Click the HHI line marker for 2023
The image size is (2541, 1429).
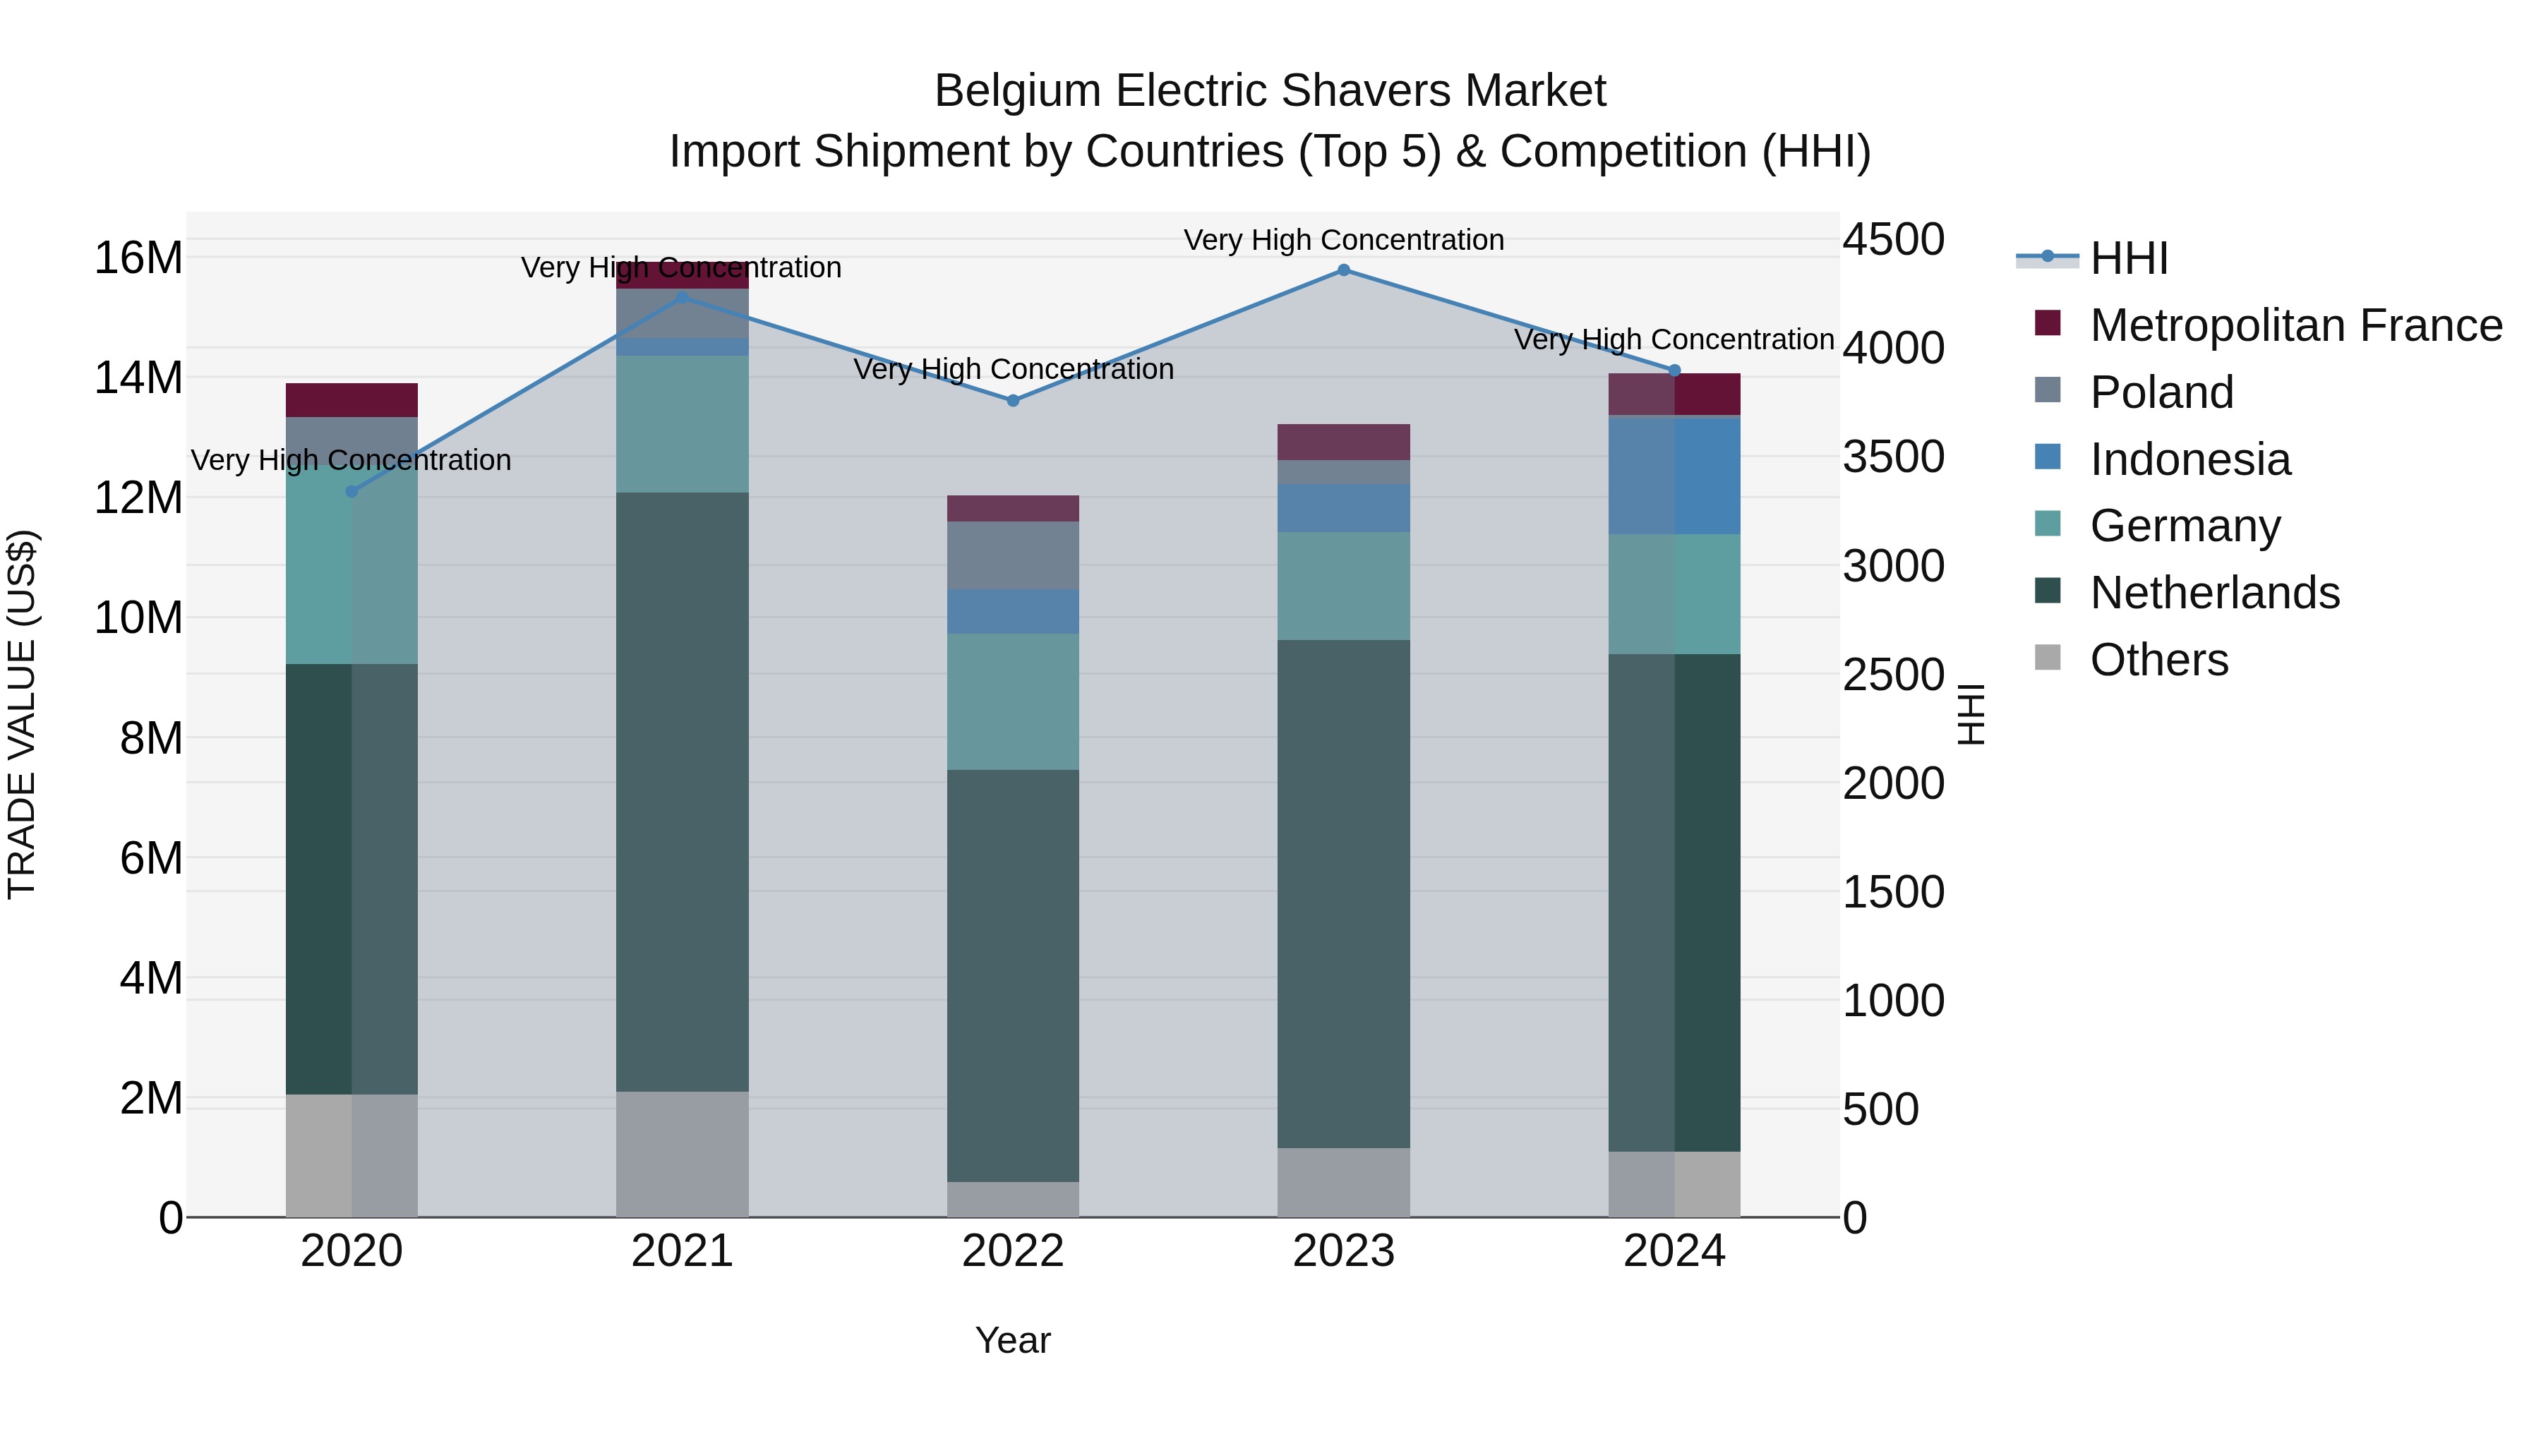pyautogui.click(x=1343, y=270)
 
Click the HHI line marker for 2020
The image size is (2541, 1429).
pyautogui.click(x=352, y=491)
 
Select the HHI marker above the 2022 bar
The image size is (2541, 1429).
pyautogui.click(x=1013, y=400)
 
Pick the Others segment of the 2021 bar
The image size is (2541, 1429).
pyautogui.click(x=683, y=1153)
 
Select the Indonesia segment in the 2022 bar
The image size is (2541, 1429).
pyautogui.click(x=1013, y=611)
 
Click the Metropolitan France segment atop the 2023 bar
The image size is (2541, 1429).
pyautogui.click(x=1343, y=442)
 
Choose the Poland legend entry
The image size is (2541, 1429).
pyautogui.click(x=2161, y=392)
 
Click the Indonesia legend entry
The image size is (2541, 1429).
pyautogui.click(x=2189, y=459)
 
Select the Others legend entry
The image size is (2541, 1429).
pyautogui.click(x=2158, y=660)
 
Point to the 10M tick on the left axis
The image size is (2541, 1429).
pyautogui.click(x=138, y=618)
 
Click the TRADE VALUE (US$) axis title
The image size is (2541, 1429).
pyautogui.click(x=22, y=714)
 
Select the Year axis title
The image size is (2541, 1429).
pyautogui.click(x=1013, y=1340)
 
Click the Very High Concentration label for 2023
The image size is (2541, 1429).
pyautogui.click(x=1343, y=240)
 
